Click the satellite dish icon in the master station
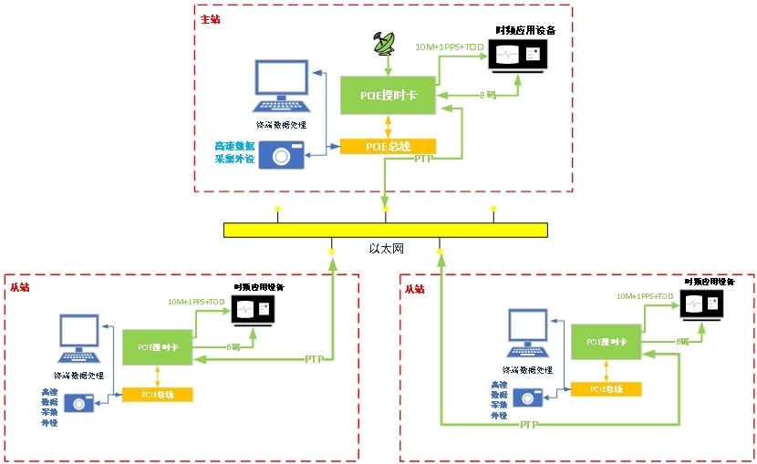386,44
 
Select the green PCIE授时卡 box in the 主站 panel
389,95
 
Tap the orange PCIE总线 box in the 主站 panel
389,147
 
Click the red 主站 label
210,18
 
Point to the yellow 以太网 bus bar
385,231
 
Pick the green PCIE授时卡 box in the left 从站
157,347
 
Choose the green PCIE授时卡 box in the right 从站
607,342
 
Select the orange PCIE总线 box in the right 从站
606,388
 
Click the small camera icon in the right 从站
526,397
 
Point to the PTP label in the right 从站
528,425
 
